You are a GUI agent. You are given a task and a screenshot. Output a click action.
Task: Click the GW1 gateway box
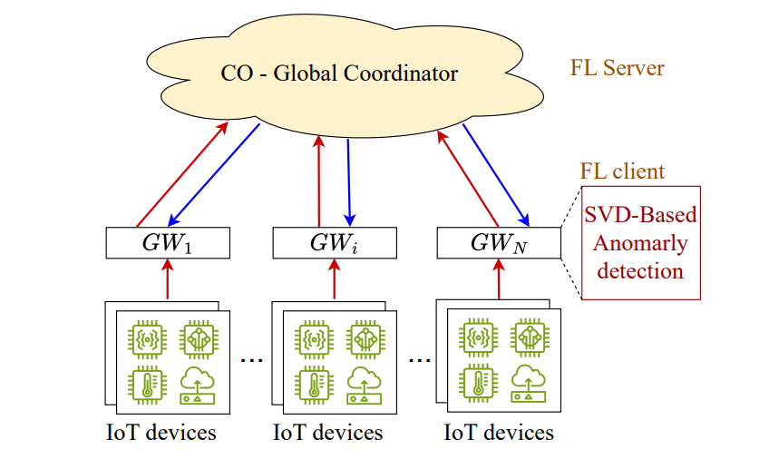point(168,242)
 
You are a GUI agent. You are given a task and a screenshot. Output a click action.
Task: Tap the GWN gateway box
point(499,242)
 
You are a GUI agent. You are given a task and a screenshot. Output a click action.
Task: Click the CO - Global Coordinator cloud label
point(340,73)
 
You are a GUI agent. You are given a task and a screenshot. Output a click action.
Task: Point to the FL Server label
point(617,68)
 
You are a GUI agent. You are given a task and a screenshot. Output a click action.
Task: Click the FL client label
point(622,171)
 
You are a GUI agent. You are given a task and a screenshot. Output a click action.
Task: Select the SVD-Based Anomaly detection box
point(641,242)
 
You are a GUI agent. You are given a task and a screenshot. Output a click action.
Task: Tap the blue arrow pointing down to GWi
point(349,179)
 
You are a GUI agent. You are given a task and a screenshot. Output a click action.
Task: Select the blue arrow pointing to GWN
point(496,175)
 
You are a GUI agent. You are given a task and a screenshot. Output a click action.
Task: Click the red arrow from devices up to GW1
point(168,278)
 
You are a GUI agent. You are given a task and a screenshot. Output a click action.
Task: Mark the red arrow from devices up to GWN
point(499,278)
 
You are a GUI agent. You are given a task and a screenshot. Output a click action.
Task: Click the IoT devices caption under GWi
point(328,433)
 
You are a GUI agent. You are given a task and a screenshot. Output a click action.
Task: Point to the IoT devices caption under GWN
point(499,433)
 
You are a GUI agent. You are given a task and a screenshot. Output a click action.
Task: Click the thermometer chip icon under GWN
point(478,386)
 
